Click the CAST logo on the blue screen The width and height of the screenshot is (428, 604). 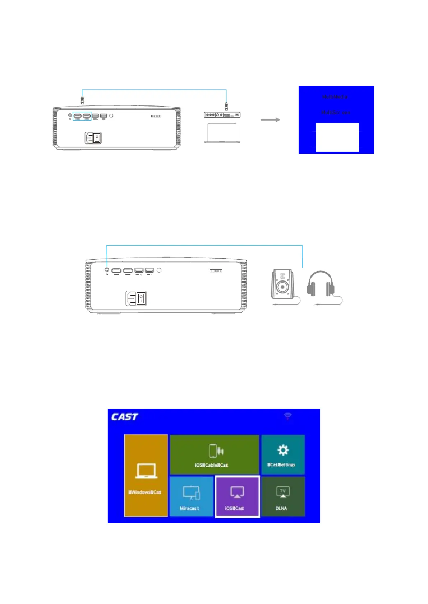[x=124, y=417]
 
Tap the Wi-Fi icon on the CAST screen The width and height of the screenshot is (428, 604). [x=287, y=416]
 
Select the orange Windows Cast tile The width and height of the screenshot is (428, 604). [x=146, y=475]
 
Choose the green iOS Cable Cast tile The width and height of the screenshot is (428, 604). [x=214, y=454]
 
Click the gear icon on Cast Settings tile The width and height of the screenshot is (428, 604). [x=283, y=450]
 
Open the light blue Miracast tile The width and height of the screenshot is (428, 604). [x=191, y=496]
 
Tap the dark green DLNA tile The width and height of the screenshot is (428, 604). [x=283, y=496]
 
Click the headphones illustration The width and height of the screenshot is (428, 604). [x=321, y=284]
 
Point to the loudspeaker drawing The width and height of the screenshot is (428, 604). [x=282, y=285]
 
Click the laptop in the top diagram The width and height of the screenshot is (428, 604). [x=222, y=133]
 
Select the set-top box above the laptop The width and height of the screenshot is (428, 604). [x=222, y=115]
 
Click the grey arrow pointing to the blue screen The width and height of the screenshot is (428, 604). [x=270, y=120]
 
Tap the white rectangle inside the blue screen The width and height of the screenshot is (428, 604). [x=337, y=137]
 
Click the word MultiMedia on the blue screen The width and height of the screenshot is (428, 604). [x=335, y=97]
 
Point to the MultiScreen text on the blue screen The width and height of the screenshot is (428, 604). [x=336, y=113]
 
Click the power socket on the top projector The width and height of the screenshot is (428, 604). [x=93, y=138]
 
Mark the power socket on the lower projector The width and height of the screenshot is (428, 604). [x=136, y=298]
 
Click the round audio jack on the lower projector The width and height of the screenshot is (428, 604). [x=107, y=270]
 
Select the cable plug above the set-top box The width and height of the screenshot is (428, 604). [x=226, y=106]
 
